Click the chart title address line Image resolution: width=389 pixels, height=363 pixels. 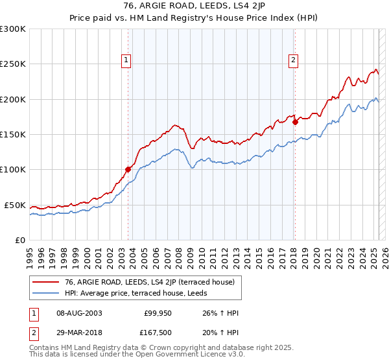[194, 6]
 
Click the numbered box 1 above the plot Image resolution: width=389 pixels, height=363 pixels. [127, 60]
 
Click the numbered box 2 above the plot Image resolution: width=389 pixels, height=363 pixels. [294, 60]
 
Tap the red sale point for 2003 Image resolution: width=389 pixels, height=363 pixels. [128, 170]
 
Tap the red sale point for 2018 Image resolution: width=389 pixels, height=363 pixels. [295, 121]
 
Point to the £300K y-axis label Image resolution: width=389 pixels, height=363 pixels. [12, 29]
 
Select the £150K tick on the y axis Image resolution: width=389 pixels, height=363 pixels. [12, 135]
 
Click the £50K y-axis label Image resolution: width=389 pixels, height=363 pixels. [14, 205]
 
